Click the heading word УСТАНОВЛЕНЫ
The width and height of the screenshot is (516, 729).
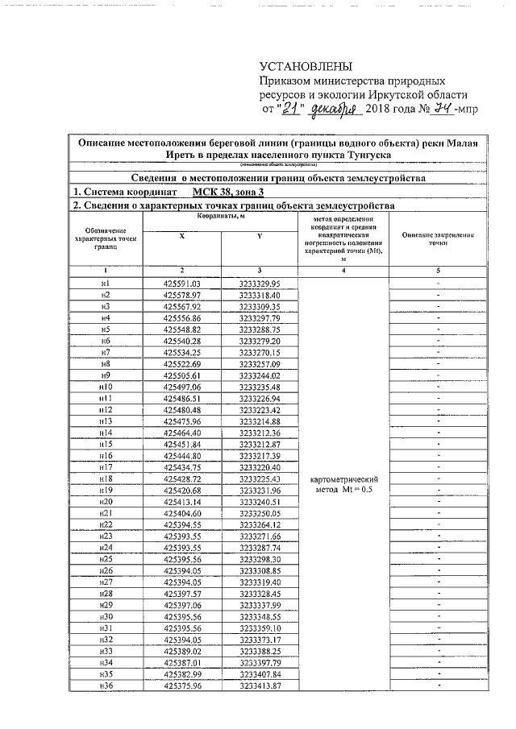click(x=306, y=66)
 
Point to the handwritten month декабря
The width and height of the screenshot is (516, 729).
click(x=333, y=109)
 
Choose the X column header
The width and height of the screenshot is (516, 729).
click(x=181, y=235)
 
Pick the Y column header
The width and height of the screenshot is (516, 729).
click(x=259, y=235)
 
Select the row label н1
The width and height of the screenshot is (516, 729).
click(x=105, y=284)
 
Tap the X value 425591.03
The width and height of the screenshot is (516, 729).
click(x=181, y=284)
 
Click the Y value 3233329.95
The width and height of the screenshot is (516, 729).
click(x=259, y=284)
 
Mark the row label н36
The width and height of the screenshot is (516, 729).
click(x=105, y=686)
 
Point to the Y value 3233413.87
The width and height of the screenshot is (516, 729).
click(x=259, y=686)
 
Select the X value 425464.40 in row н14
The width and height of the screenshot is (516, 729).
click(x=181, y=433)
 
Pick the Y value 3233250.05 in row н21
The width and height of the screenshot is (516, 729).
click(x=259, y=513)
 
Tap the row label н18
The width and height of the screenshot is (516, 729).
click(x=105, y=478)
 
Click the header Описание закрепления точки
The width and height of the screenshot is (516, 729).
click(x=438, y=238)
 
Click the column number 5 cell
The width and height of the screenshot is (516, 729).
click(x=438, y=271)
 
